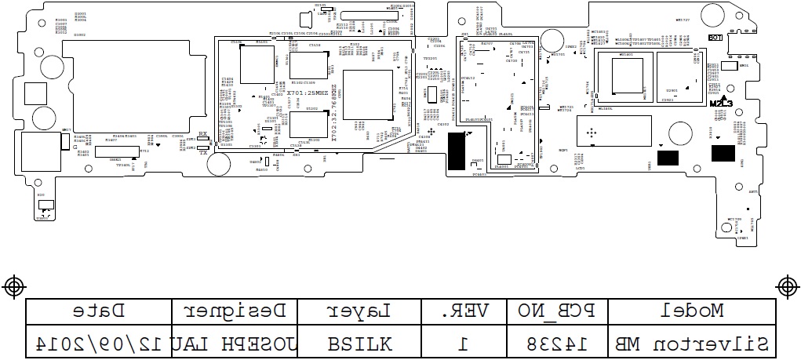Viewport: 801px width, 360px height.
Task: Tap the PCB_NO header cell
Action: click(556, 311)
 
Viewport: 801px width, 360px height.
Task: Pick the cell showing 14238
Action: click(556, 343)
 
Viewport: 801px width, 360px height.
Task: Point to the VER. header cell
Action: click(464, 311)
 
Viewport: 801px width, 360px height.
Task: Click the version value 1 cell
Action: click(464, 343)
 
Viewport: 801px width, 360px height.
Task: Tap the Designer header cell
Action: click(236, 311)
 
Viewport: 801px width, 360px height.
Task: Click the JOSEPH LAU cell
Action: click(236, 343)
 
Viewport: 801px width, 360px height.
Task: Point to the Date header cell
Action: click(99, 311)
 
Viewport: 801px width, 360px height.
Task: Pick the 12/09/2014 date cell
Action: click(99, 343)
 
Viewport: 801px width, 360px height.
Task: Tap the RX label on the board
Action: click(203, 135)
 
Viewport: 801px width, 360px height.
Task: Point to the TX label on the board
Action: click(203, 152)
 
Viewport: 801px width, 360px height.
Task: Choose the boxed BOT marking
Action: click(715, 38)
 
